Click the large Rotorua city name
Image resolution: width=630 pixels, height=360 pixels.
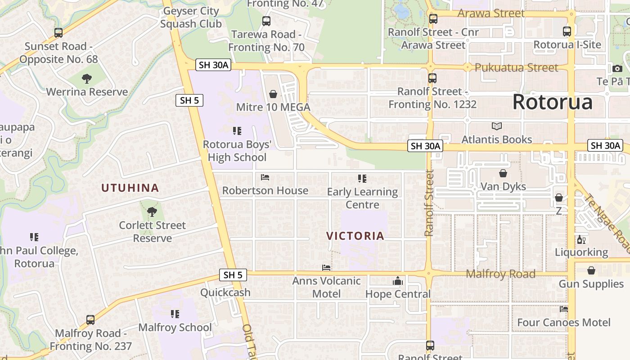pos(552,102)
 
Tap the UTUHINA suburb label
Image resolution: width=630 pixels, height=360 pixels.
pos(130,188)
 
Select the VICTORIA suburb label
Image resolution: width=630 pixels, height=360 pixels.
pos(355,236)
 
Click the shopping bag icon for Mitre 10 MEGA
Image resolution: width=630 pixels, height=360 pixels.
pos(273,94)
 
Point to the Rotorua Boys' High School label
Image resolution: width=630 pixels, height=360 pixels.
pos(237,151)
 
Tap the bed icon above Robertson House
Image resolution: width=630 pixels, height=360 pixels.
pos(265,177)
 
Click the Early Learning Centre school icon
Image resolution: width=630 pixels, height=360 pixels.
pos(362,179)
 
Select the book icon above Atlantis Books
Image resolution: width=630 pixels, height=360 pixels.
pos(497,126)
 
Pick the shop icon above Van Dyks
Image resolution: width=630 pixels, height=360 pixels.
pos(503,173)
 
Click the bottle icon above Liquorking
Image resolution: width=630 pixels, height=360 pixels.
pos(581,239)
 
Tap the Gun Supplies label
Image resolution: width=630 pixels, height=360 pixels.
pos(591,284)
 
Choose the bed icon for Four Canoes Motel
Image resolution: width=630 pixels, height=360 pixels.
pos(563,309)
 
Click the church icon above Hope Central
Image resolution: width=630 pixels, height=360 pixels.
pos(397,281)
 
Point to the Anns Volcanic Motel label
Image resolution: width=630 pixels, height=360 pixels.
pos(326,287)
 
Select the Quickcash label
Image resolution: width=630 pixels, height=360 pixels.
pos(225,292)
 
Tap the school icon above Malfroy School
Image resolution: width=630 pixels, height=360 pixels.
pos(175,314)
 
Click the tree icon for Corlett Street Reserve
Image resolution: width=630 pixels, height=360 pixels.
pos(152,211)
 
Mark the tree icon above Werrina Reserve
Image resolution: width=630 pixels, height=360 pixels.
pos(87,79)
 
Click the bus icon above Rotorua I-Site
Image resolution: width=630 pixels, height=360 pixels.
pos(567,31)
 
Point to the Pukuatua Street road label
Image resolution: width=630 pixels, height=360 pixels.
pos(516,68)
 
